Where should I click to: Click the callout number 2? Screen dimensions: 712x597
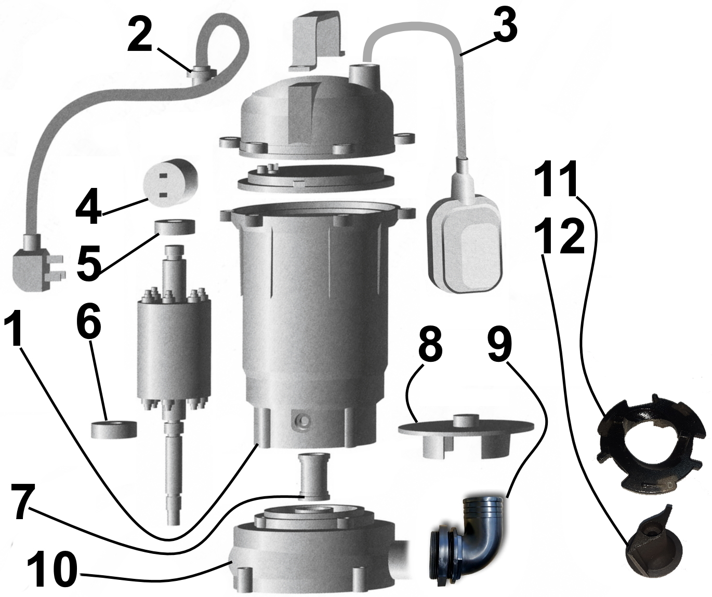pos(140,35)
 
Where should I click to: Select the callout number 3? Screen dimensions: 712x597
pos(505,28)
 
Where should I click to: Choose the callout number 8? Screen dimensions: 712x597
pos(429,344)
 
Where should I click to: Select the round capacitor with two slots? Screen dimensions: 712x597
pos(173,186)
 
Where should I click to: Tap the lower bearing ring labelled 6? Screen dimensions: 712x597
pos(114,430)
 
